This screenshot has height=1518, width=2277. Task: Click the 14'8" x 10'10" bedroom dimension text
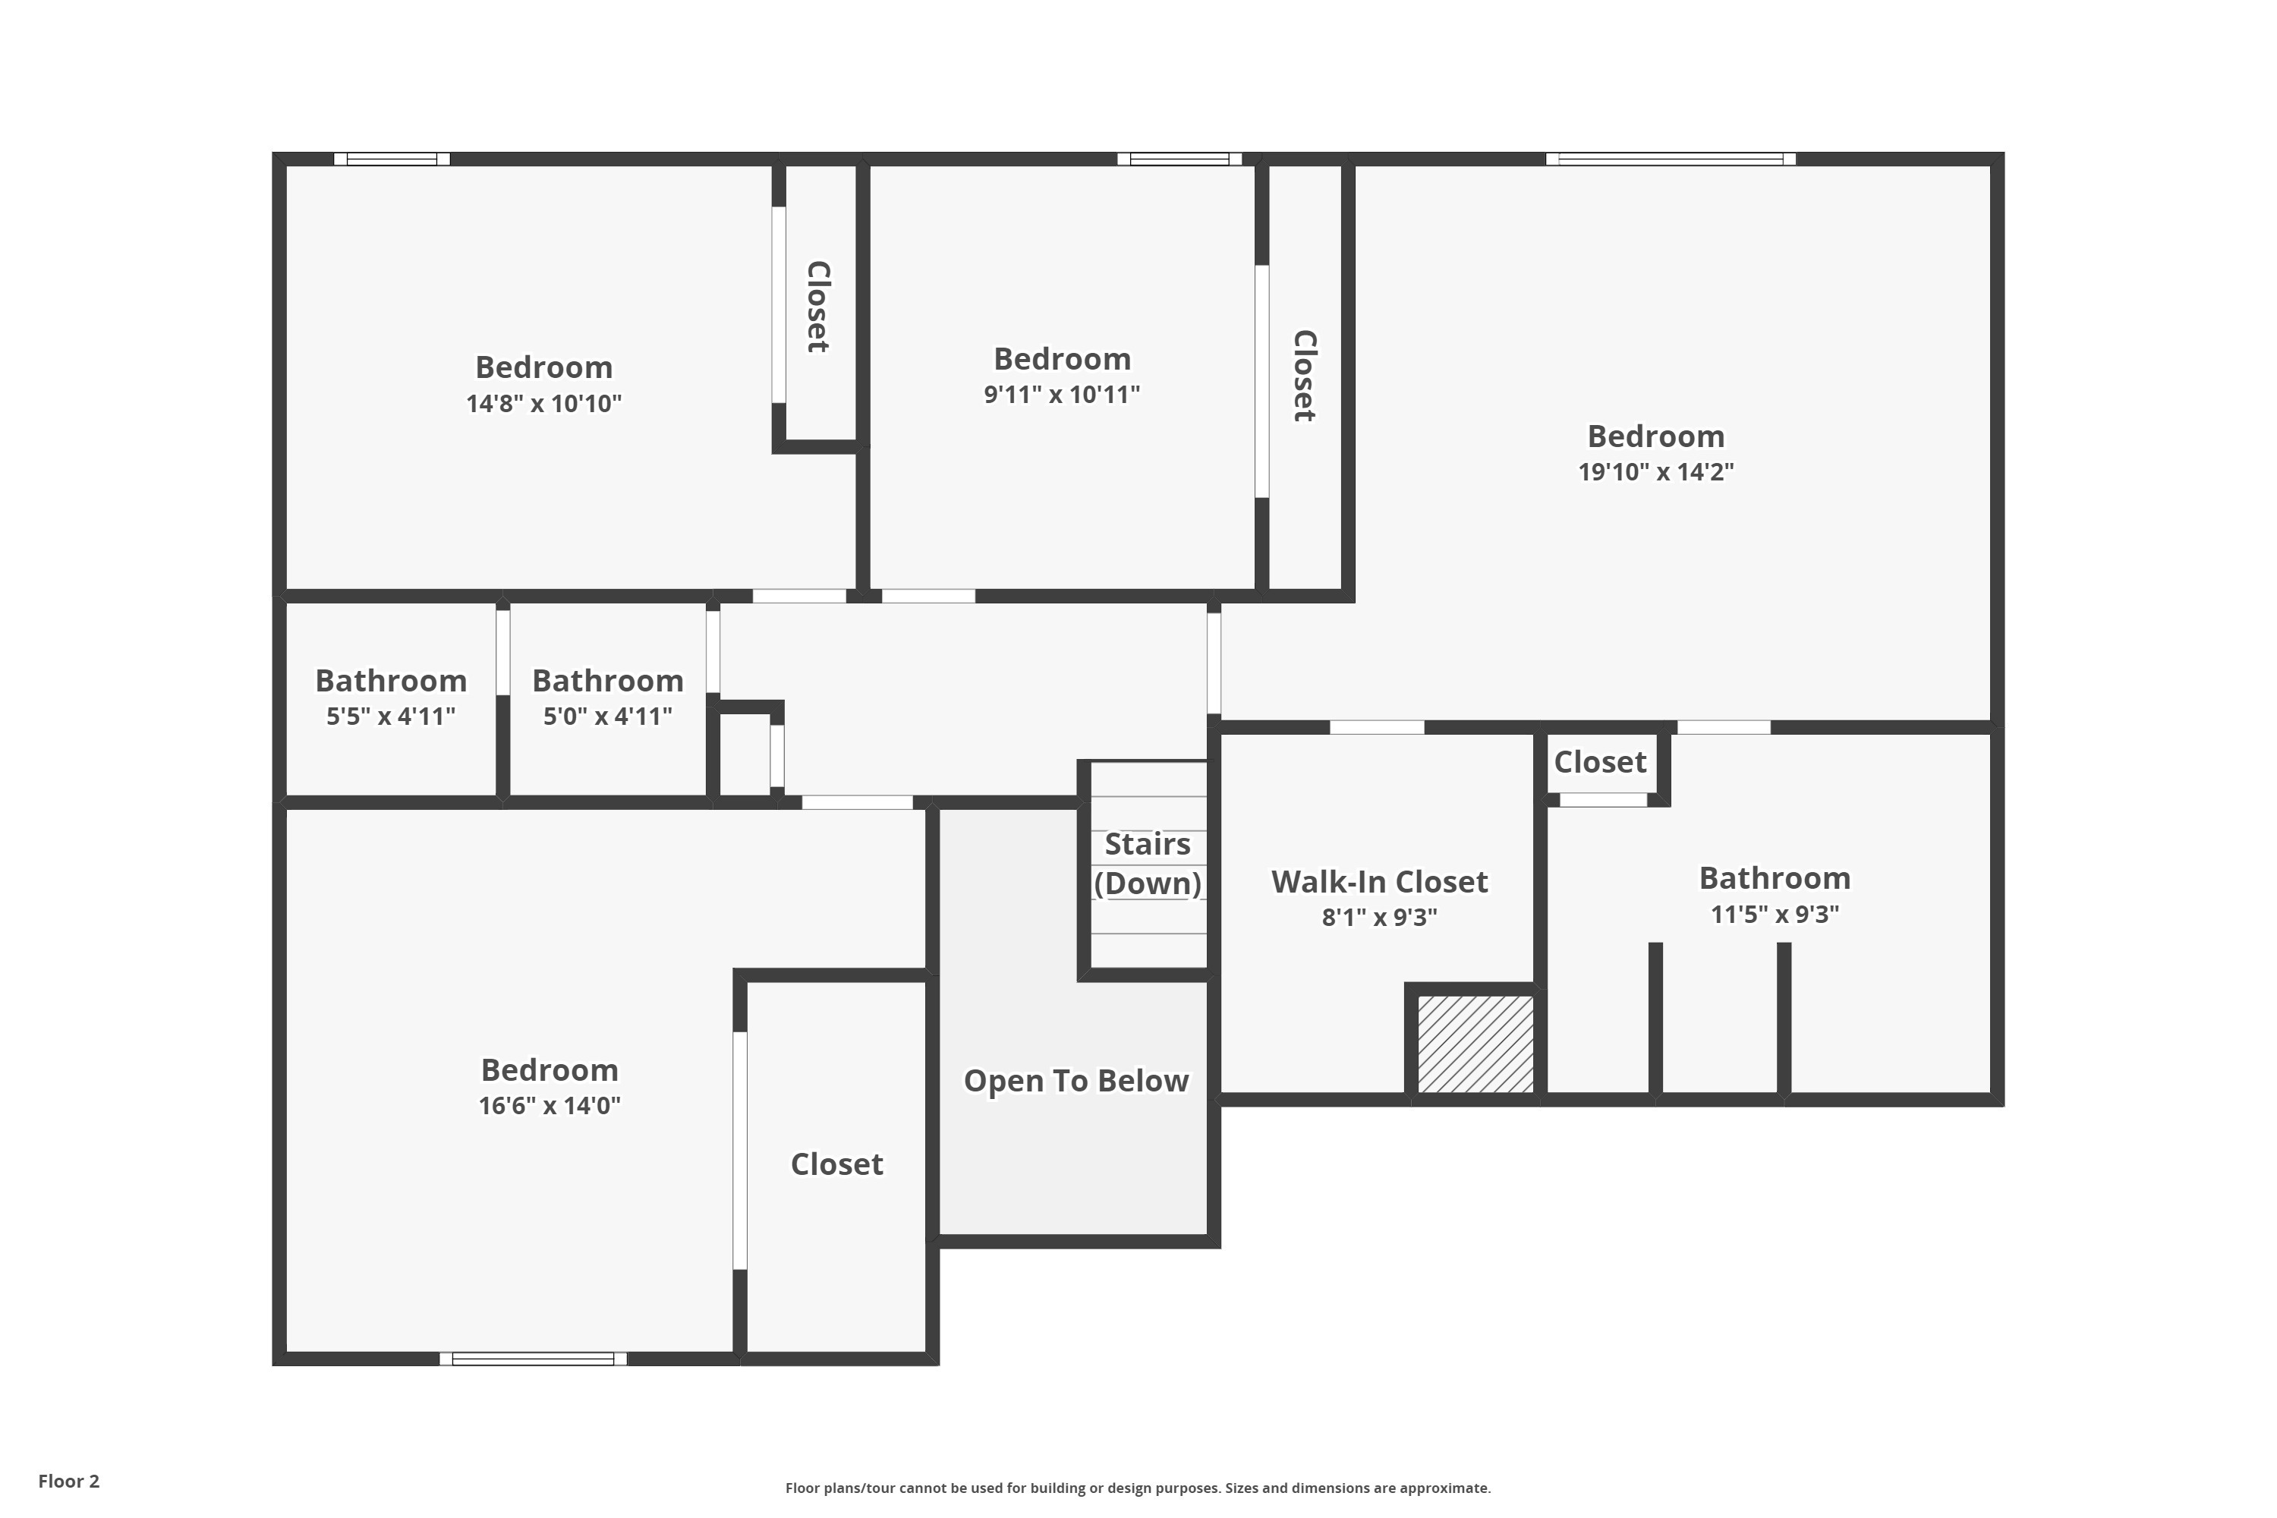(544, 404)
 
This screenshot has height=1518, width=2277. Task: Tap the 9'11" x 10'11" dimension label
(1062, 395)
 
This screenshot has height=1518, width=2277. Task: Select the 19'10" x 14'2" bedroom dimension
(1655, 472)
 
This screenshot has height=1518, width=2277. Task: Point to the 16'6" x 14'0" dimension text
(550, 1106)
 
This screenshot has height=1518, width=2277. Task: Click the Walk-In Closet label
(1380, 882)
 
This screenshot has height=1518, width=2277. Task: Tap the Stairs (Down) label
(1148, 864)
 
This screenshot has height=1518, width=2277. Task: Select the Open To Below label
(1076, 1080)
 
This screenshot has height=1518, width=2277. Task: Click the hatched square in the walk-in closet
(1475, 1044)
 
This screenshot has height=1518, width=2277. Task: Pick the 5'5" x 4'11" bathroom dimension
(391, 716)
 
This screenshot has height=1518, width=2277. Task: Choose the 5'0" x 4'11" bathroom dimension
(608, 716)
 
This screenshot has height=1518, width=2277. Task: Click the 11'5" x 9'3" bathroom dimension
(1775, 914)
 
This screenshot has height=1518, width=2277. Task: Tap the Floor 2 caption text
(69, 1482)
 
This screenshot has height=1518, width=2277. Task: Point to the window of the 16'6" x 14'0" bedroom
(534, 1359)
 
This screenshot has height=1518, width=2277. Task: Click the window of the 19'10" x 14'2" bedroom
(1671, 159)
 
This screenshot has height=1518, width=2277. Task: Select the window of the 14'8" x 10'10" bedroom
(392, 159)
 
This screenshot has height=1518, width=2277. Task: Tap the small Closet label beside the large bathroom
(1600, 763)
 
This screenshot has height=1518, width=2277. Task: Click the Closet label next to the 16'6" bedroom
(836, 1164)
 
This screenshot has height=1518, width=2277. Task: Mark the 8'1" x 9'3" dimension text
(1380, 918)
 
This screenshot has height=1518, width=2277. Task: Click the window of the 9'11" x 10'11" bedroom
(1179, 159)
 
